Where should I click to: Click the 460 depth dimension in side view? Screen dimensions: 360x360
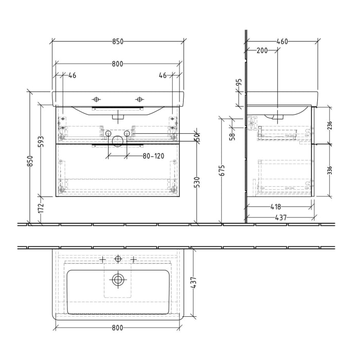pos(281,42)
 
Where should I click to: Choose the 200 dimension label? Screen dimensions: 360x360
pos(262,50)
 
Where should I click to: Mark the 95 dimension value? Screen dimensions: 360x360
pos(239,83)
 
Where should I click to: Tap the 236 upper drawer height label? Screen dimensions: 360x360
pos(330,125)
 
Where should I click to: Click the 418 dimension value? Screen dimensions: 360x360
pos(276,207)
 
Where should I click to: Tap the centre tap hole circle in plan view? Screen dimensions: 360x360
pos(118,259)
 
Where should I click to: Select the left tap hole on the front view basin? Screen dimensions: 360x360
pos(96,99)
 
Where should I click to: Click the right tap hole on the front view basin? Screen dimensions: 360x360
pos(139,99)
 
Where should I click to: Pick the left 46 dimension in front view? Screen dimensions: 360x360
pos(72,76)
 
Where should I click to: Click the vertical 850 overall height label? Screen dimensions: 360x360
pos(30,160)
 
